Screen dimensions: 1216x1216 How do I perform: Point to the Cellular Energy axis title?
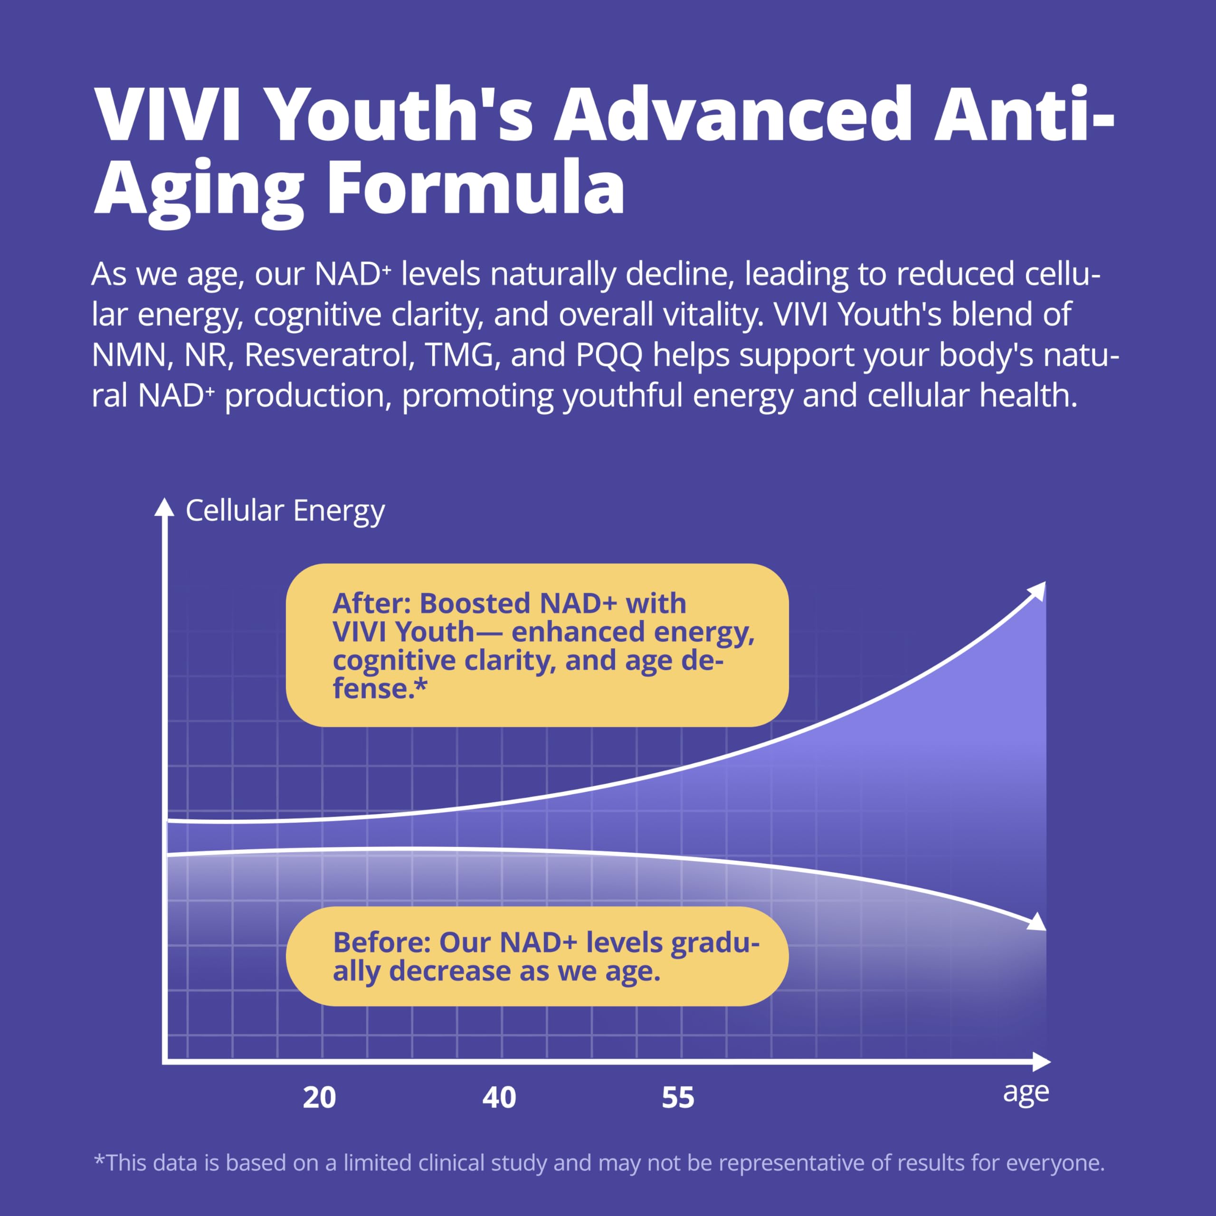point(285,511)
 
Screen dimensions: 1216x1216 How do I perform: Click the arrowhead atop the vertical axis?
point(164,507)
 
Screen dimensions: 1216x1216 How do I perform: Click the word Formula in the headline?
point(476,188)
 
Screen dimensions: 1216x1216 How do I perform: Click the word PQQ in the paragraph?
point(609,356)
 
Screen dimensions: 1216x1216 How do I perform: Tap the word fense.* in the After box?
point(380,689)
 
